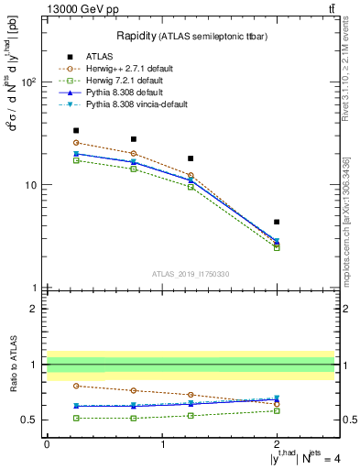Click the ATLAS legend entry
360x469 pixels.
click(x=103, y=55)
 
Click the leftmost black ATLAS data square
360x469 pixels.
click(x=76, y=131)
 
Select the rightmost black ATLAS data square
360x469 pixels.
click(x=277, y=222)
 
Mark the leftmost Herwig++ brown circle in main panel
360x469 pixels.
click(x=76, y=143)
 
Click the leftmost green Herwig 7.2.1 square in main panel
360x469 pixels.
click(x=76, y=160)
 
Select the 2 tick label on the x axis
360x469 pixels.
click(x=277, y=443)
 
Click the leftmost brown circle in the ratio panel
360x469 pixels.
click(x=76, y=386)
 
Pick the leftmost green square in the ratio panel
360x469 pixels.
click(x=76, y=418)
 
